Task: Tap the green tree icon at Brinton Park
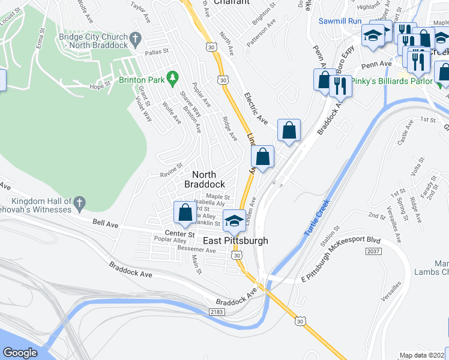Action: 173,77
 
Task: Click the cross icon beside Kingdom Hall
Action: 80,205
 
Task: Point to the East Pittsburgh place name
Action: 235,241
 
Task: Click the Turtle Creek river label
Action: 316,218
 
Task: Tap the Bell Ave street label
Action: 105,224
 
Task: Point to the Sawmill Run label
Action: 340,21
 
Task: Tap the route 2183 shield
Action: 217,312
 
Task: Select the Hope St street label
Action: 100,85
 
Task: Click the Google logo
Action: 20,353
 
